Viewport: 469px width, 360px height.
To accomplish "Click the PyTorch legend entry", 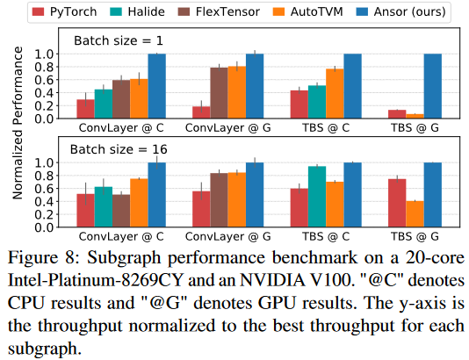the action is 64,12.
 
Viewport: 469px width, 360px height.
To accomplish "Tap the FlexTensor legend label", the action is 227,12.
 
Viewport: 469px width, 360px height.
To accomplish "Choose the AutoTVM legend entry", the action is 307,12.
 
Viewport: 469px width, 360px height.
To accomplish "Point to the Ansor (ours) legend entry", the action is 400,12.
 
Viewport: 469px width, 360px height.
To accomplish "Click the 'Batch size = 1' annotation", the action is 119,40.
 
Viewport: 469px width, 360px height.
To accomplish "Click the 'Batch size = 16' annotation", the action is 119,149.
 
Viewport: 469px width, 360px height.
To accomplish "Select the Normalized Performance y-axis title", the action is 18,123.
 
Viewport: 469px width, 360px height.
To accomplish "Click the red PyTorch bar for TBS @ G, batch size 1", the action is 397,114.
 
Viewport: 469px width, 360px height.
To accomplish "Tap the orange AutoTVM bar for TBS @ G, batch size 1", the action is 415,116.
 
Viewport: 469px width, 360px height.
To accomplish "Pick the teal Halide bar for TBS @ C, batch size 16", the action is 317,197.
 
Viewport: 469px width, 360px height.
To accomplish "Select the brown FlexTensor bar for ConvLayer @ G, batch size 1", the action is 219,93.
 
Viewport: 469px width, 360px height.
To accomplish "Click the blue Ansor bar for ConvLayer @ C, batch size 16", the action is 156,195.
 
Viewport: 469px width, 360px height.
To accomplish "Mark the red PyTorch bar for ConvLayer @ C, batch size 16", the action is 85,211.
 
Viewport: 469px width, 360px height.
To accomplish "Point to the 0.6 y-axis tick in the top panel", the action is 44,80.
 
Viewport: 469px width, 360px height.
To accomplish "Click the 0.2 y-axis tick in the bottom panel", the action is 44,214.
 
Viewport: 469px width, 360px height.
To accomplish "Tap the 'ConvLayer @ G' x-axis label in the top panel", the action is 228,128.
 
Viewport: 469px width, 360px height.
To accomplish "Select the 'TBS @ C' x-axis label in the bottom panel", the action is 326,236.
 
